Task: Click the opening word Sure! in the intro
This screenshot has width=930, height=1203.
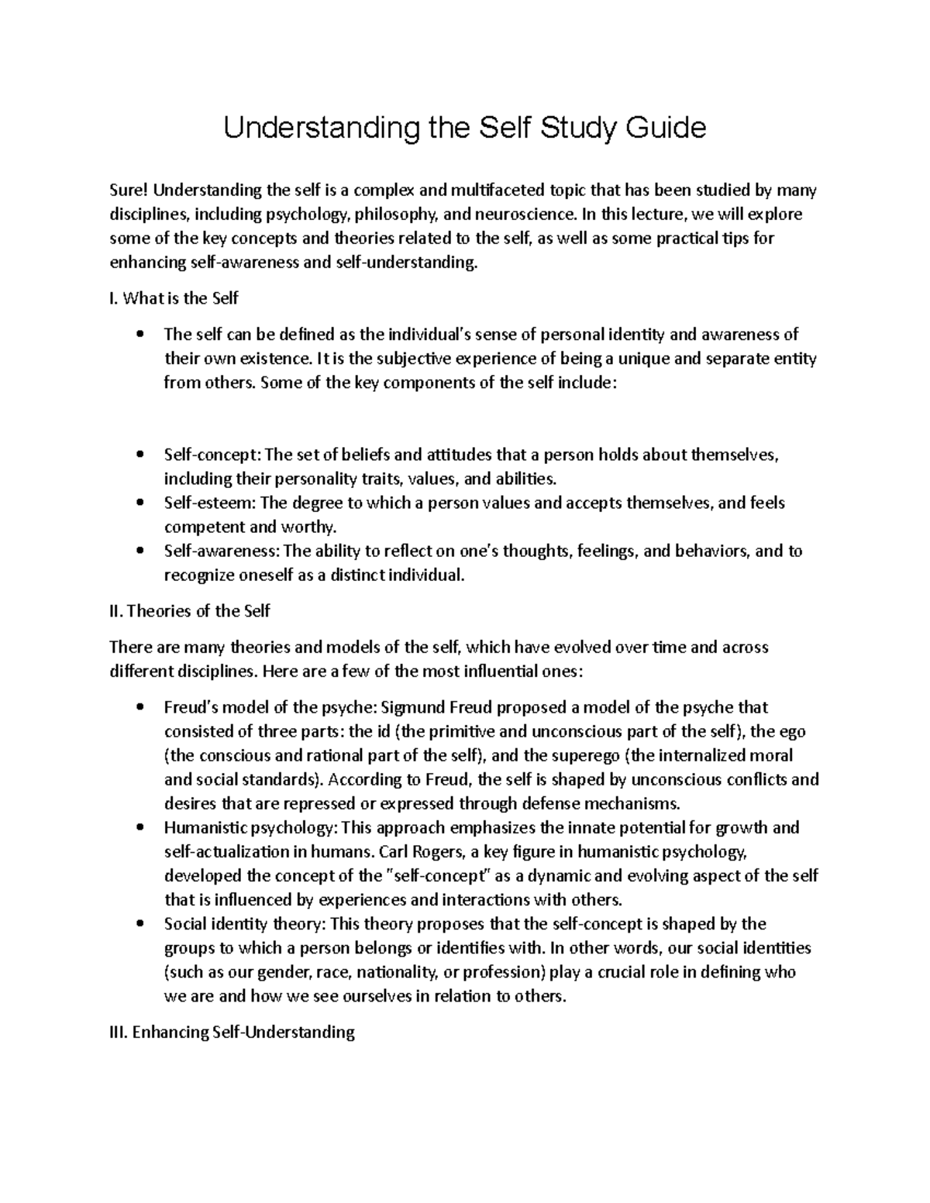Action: [x=126, y=191]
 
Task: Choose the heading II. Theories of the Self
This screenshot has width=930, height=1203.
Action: [x=190, y=611]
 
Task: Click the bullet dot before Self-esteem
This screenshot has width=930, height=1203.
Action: [x=139, y=504]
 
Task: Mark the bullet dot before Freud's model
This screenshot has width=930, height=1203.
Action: [x=139, y=707]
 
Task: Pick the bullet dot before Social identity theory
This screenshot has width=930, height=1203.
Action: [x=139, y=924]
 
